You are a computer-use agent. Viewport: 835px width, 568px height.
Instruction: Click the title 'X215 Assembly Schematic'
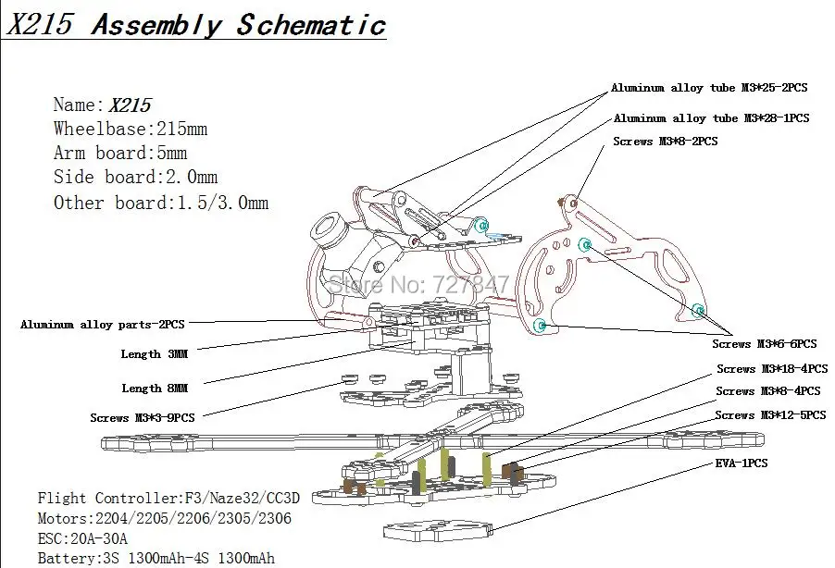(x=196, y=24)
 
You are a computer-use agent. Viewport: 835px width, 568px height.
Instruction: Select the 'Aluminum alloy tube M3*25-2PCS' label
(x=709, y=88)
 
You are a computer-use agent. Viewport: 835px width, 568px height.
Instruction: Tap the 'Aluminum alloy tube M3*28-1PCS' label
(x=712, y=118)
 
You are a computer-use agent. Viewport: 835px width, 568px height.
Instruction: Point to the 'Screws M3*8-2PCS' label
(x=665, y=141)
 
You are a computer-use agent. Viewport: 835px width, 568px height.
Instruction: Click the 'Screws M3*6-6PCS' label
(x=764, y=344)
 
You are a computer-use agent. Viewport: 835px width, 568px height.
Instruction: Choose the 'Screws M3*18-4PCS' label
(x=772, y=369)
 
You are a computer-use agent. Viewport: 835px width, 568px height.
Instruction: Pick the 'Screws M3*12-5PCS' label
(x=770, y=415)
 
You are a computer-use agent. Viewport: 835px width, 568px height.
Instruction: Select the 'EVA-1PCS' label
(x=742, y=463)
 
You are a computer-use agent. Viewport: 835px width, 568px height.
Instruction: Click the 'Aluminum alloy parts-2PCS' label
(x=102, y=324)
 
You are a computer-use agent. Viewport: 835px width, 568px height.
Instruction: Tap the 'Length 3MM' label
(x=155, y=354)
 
